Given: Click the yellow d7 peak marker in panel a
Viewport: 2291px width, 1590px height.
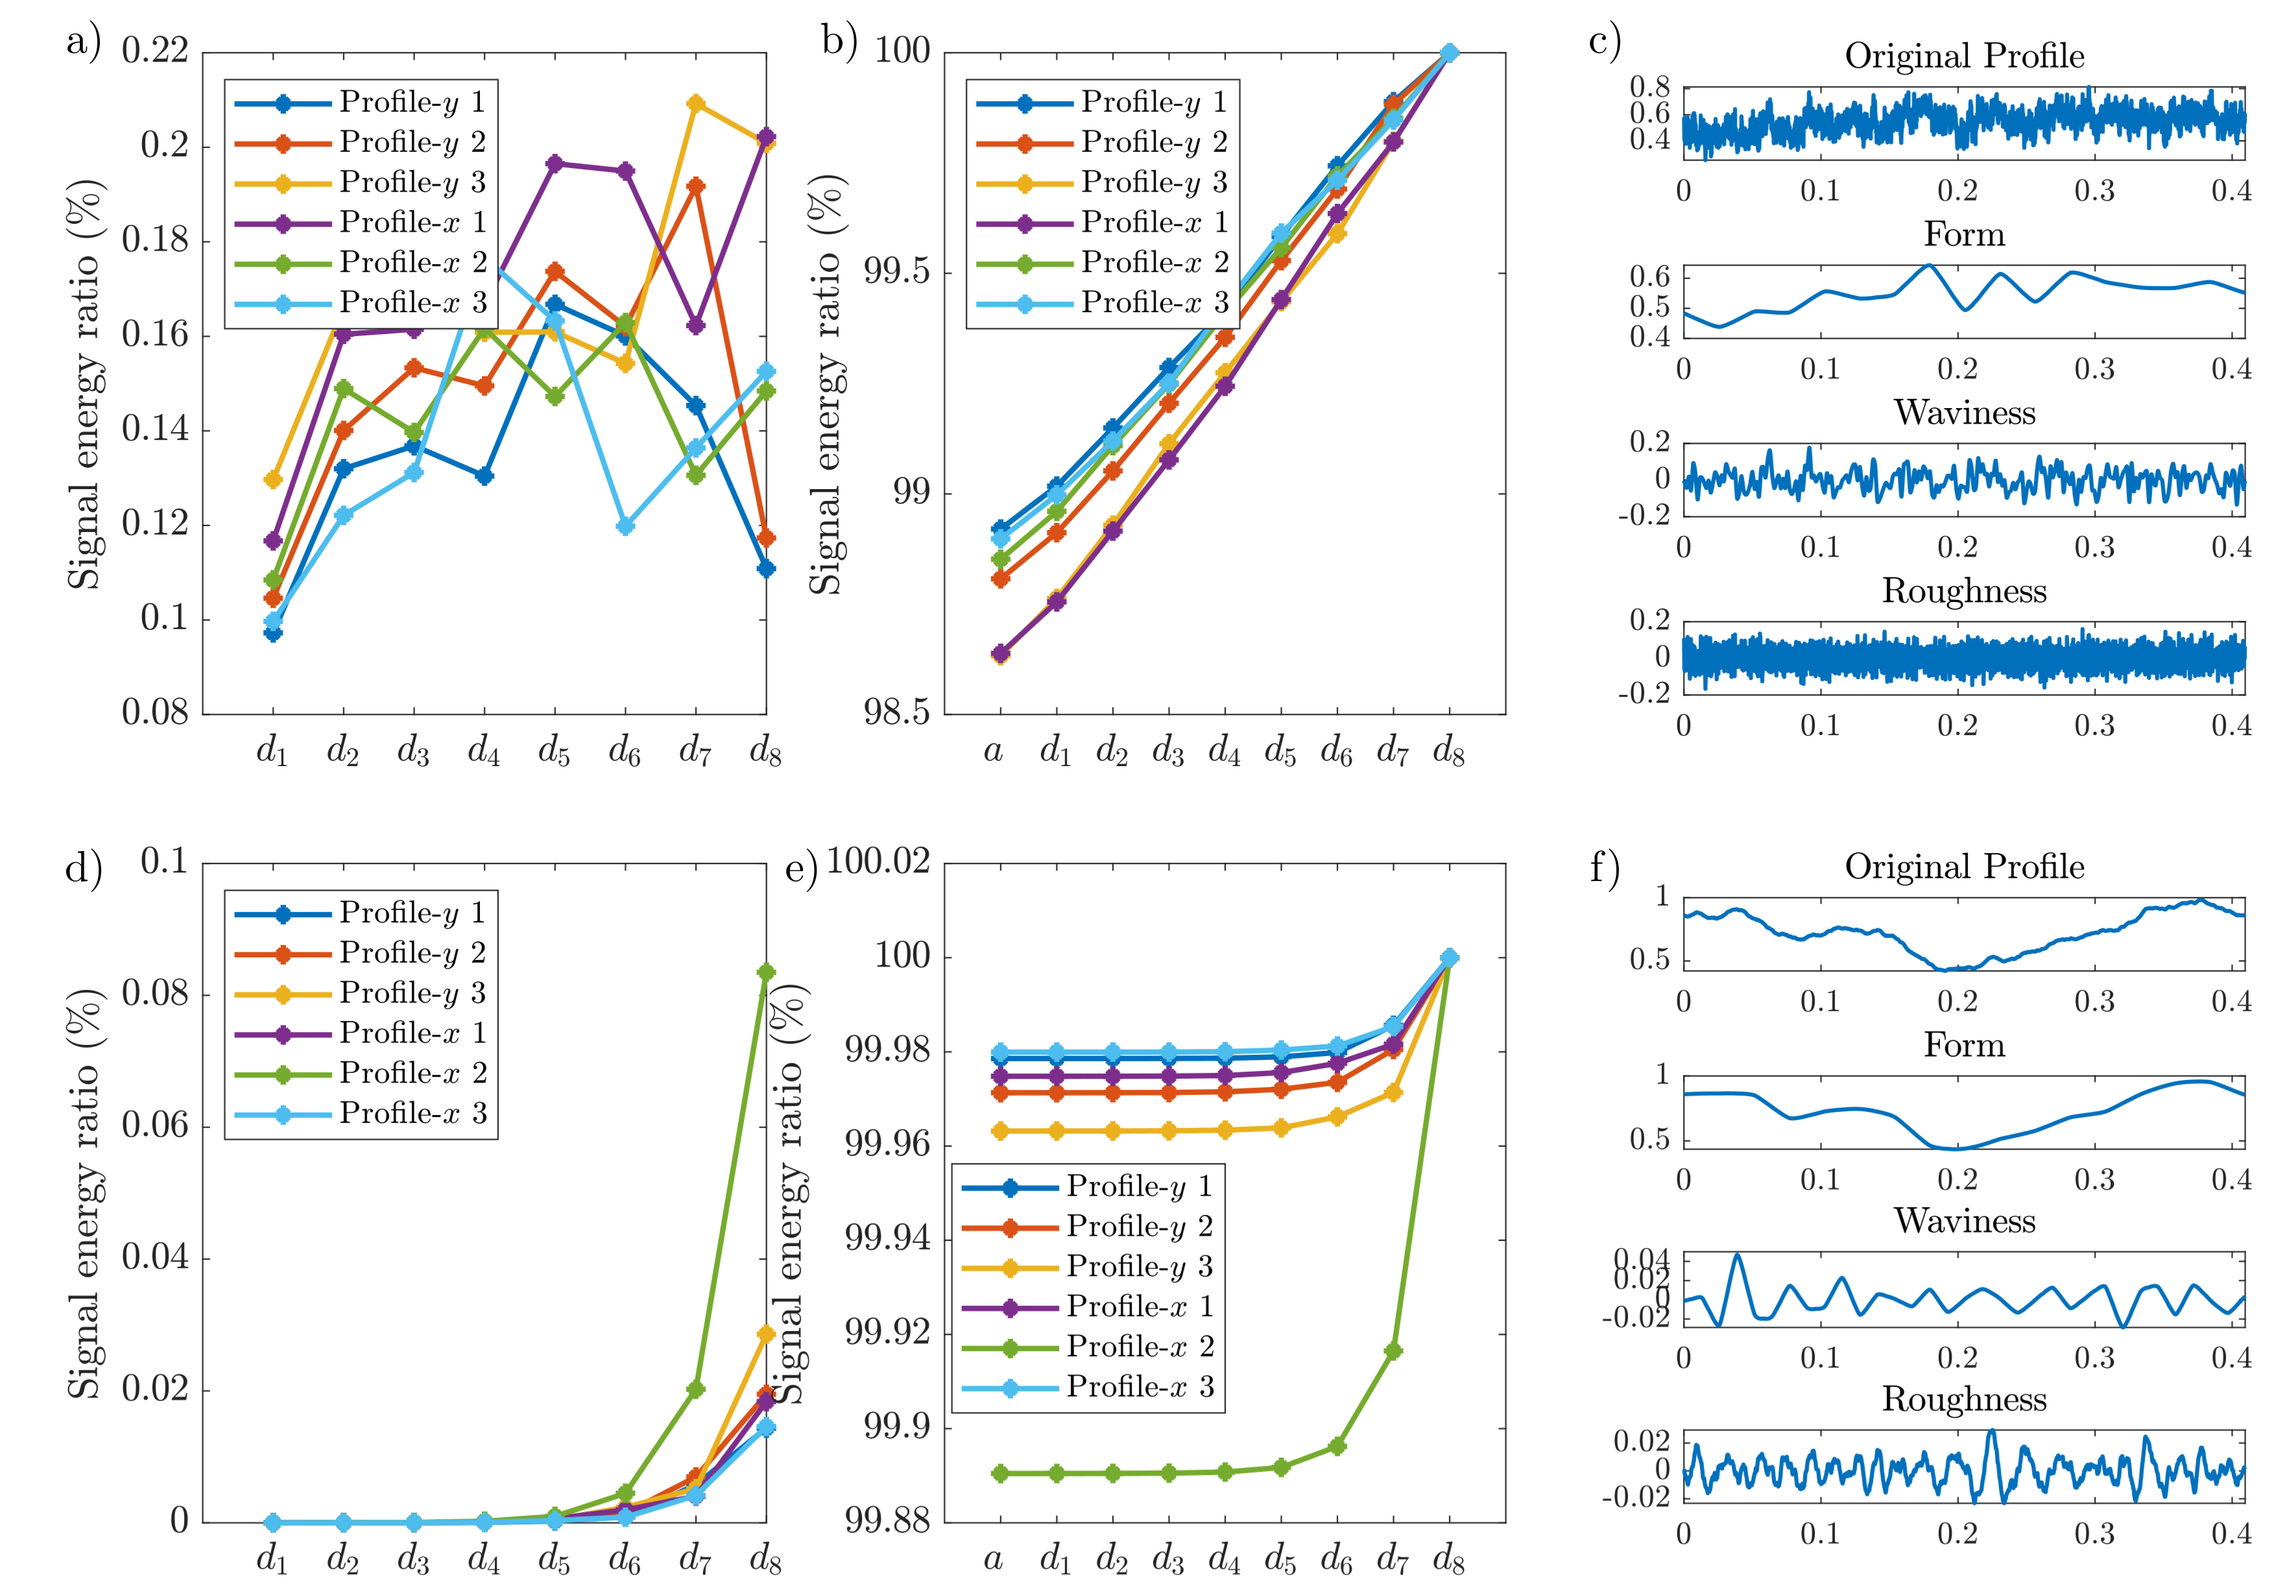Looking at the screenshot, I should (695, 104).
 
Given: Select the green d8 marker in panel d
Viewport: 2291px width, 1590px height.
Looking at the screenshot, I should (766, 972).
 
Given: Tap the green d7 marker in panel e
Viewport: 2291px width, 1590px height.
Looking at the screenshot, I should (1393, 1351).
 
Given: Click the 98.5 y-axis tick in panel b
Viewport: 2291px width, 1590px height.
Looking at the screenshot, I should (896, 714).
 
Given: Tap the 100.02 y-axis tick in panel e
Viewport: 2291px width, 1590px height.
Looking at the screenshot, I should (878, 861).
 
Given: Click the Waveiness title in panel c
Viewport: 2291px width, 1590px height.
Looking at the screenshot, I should (1963, 413).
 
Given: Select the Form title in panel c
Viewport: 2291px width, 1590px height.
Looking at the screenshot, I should (1963, 234).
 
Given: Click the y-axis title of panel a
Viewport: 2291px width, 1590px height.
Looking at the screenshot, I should (85, 383).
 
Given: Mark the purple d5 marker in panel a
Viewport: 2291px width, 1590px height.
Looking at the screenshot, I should (555, 163).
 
